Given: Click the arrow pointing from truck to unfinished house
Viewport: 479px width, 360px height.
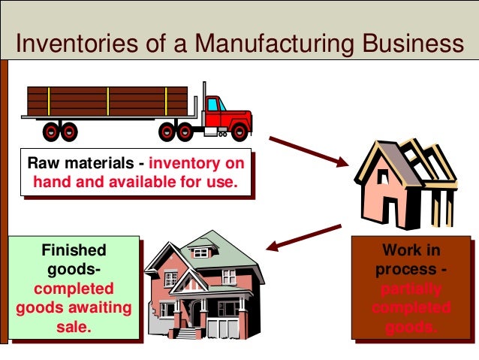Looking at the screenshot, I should tap(307, 151).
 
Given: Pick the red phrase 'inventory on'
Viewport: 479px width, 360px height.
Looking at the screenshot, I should tap(194, 163).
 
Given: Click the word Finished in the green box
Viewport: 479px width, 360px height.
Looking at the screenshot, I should tap(74, 250).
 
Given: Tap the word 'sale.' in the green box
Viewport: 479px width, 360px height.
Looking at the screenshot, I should tap(74, 327).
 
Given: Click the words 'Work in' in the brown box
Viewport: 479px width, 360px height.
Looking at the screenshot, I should tap(411, 250).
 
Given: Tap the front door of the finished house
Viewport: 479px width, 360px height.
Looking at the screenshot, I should tap(196, 313).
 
